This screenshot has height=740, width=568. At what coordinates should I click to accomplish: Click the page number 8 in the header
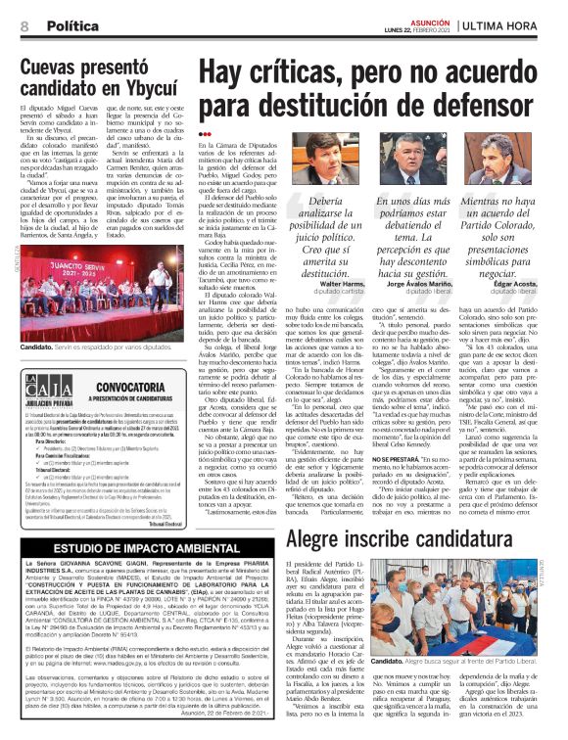[x=23, y=13]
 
